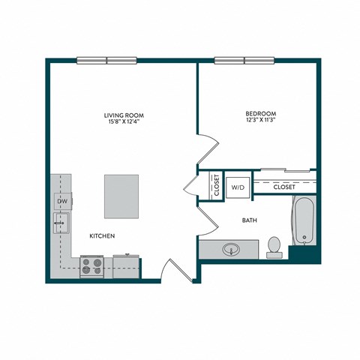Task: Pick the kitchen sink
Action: click(x=61, y=221)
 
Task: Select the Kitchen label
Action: click(x=101, y=236)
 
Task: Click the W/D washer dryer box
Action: click(x=237, y=185)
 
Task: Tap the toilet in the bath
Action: click(x=274, y=245)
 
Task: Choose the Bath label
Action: click(x=250, y=221)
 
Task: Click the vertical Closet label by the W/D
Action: click(x=216, y=185)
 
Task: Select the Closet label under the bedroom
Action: click(x=283, y=187)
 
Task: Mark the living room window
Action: click(x=106, y=61)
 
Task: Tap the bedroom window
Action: click(x=244, y=61)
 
